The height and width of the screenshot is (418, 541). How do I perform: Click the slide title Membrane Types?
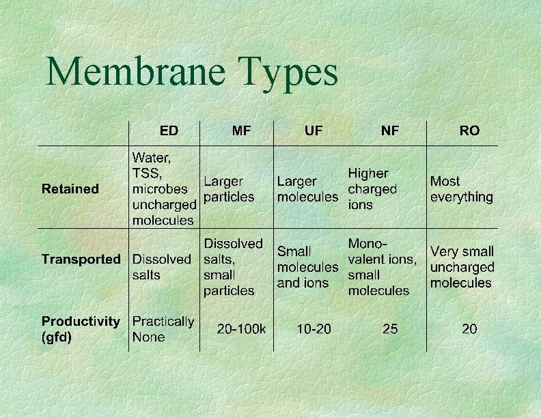pos(192,72)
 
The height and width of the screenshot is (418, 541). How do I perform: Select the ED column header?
pos(168,130)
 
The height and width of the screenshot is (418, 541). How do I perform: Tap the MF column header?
pos(241,130)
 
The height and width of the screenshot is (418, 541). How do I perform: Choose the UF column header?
pos(314,130)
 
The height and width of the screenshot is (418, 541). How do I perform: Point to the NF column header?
pos(390,130)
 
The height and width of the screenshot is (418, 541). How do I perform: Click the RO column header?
pos(469,130)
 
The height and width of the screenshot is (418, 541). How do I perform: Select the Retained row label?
pos(70,189)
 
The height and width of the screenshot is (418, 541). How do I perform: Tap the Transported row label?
pos(81,259)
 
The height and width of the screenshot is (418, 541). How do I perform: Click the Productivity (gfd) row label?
pos(81,329)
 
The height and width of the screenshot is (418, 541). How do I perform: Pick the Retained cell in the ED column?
pos(164,189)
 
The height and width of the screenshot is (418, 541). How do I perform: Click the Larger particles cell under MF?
pos(228,189)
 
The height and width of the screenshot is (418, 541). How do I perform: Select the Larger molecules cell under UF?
pos(307,189)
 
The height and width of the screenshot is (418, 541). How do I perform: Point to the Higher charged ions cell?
pos(372,189)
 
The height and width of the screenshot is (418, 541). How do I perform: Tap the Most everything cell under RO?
pos(461,189)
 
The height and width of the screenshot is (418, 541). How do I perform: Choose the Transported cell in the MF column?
pos(233,266)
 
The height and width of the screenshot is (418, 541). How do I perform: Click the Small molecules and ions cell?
pos(307,267)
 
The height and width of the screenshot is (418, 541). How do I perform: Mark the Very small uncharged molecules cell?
pos(462,267)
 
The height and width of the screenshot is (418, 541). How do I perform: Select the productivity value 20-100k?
pos(241,329)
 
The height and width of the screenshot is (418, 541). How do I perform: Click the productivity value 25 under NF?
pos(390,329)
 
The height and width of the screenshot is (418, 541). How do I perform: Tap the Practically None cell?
pos(163,329)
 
